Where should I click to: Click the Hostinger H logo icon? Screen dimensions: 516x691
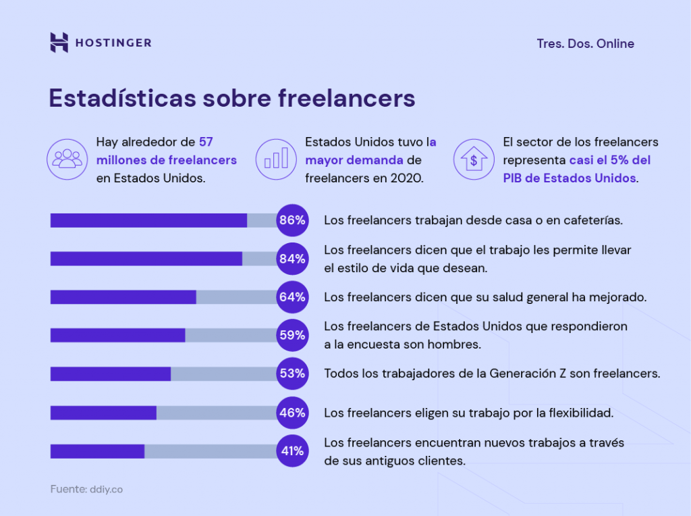point(59,43)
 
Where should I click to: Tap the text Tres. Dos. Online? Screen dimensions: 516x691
point(585,43)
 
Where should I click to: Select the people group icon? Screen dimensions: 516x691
point(67,159)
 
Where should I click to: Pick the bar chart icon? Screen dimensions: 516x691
point(276,159)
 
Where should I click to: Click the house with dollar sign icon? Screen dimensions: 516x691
point(474,159)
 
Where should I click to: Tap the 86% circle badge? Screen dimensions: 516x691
point(292,220)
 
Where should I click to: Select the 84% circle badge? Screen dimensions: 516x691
point(292,259)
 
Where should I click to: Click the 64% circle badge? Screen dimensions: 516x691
point(292,296)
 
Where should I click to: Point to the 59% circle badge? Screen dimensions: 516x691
point(292,335)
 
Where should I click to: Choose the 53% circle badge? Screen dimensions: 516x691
point(292,373)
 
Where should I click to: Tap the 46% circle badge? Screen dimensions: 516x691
point(292,412)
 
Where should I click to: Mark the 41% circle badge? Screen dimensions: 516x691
point(292,450)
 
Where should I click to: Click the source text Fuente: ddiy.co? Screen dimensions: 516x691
point(86,489)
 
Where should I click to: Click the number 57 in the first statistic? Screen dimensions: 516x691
point(206,142)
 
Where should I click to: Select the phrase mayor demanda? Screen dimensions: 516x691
point(354,160)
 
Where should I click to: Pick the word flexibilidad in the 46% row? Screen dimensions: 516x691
point(580,412)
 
